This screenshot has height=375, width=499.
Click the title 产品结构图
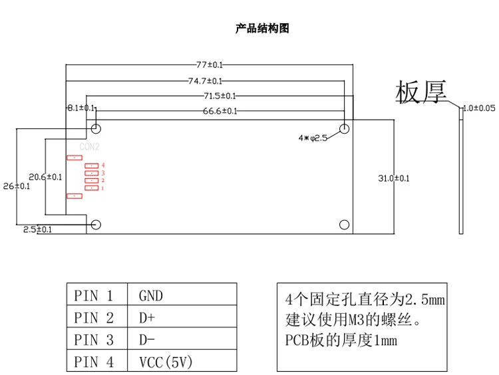click(x=262, y=29)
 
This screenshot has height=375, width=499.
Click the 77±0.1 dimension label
click(x=210, y=64)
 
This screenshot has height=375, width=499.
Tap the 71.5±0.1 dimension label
click(x=220, y=96)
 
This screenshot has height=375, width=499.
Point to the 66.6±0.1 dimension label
click(x=220, y=111)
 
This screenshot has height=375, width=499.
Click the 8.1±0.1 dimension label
click(x=81, y=108)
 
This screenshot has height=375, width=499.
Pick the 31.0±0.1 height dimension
click(x=394, y=178)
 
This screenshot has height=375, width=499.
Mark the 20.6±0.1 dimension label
click(x=45, y=177)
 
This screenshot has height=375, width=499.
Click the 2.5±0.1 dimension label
click(x=37, y=229)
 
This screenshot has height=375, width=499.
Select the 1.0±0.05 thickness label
click(x=479, y=108)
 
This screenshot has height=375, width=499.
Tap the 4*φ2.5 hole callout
click(x=313, y=138)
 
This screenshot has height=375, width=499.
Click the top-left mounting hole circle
click(x=96, y=128)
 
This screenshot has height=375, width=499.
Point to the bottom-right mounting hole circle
click(x=344, y=224)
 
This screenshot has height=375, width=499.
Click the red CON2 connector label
click(x=89, y=147)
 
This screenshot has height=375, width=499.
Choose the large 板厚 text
click(x=420, y=93)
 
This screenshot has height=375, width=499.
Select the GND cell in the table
click(x=150, y=296)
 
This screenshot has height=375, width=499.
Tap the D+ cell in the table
click(x=146, y=318)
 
